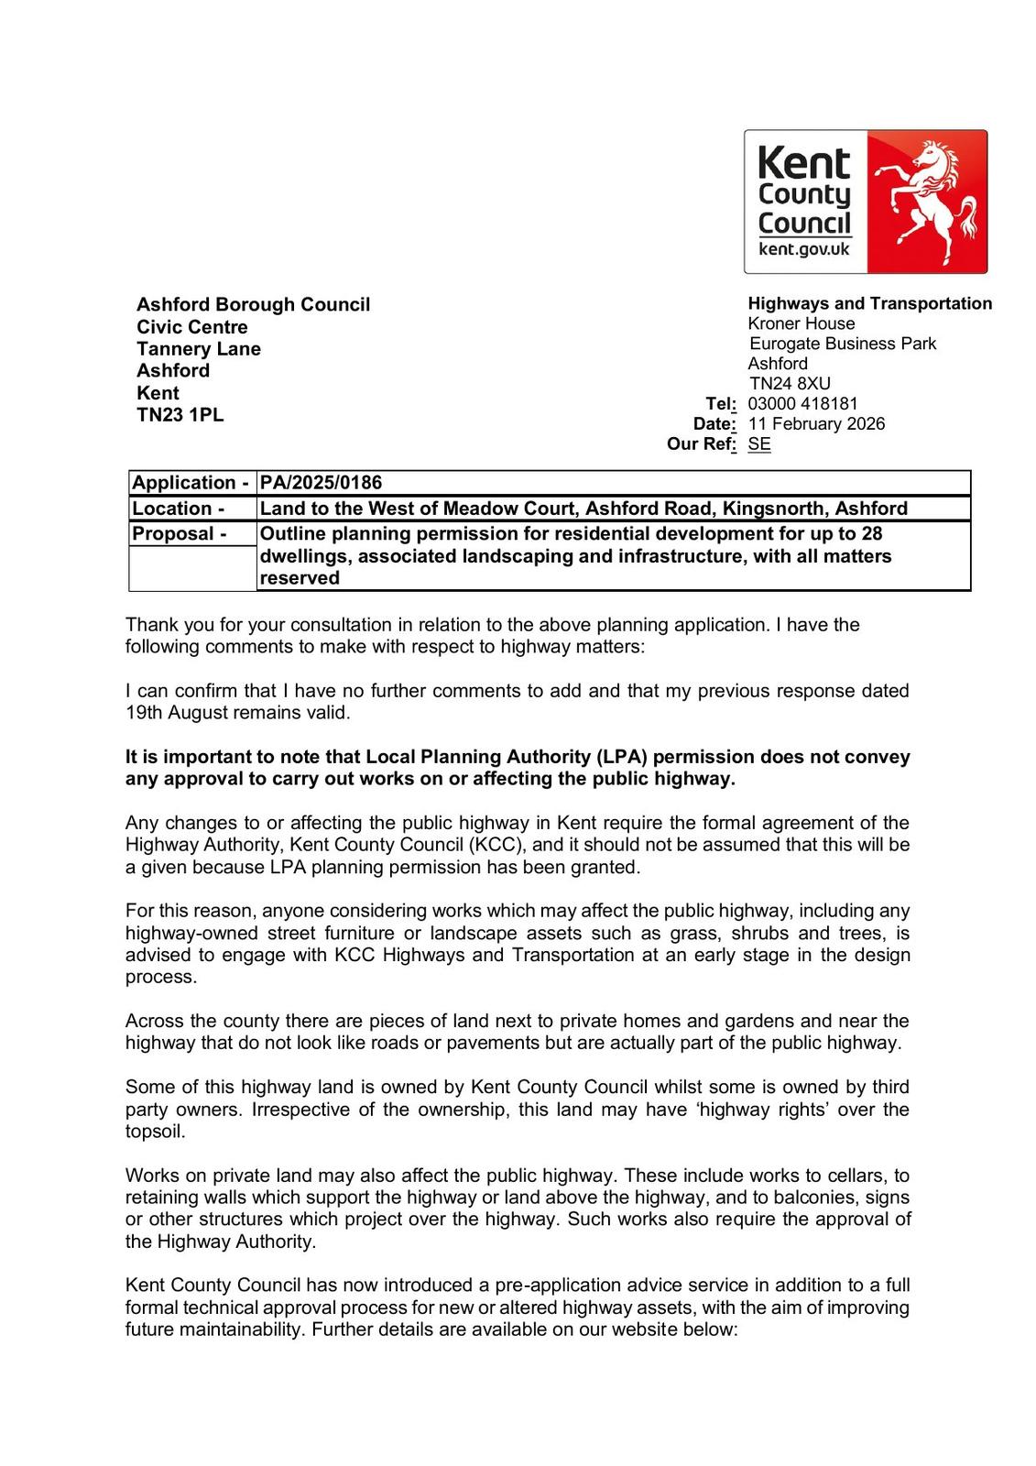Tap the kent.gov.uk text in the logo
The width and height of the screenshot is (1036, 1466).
click(x=804, y=249)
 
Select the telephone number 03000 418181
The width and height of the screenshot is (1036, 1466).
click(x=802, y=403)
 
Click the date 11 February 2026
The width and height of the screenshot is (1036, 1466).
click(x=816, y=423)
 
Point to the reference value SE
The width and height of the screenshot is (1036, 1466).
click(x=759, y=444)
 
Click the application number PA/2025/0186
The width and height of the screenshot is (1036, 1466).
click(x=321, y=483)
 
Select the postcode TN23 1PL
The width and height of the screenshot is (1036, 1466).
click(x=180, y=414)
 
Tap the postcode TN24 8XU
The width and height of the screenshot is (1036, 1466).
click(x=790, y=383)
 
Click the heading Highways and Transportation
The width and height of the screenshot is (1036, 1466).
click(x=869, y=303)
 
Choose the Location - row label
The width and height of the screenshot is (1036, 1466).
click(x=179, y=509)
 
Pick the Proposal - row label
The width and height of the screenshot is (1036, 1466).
click(x=180, y=533)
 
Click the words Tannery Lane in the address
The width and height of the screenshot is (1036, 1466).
click(x=198, y=349)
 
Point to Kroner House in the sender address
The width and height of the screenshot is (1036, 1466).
click(x=802, y=323)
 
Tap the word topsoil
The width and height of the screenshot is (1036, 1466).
click(x=155, y=1132)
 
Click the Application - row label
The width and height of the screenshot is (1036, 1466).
click(x=191, y=483)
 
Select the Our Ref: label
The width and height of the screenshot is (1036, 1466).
click(x=701, y=444)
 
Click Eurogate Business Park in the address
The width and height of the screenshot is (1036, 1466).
click(x=843, y=344)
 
